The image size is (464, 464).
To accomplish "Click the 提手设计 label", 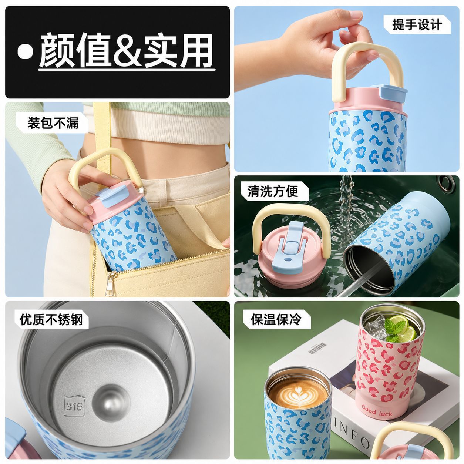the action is (x=417, y=25).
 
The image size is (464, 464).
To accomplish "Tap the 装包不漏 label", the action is (x=53, y=123).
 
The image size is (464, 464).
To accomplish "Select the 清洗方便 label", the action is (x=273, y=191).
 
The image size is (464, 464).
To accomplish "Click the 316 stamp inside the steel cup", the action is (x=74, y=407).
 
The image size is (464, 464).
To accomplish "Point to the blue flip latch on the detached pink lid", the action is (x=288, y=248).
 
